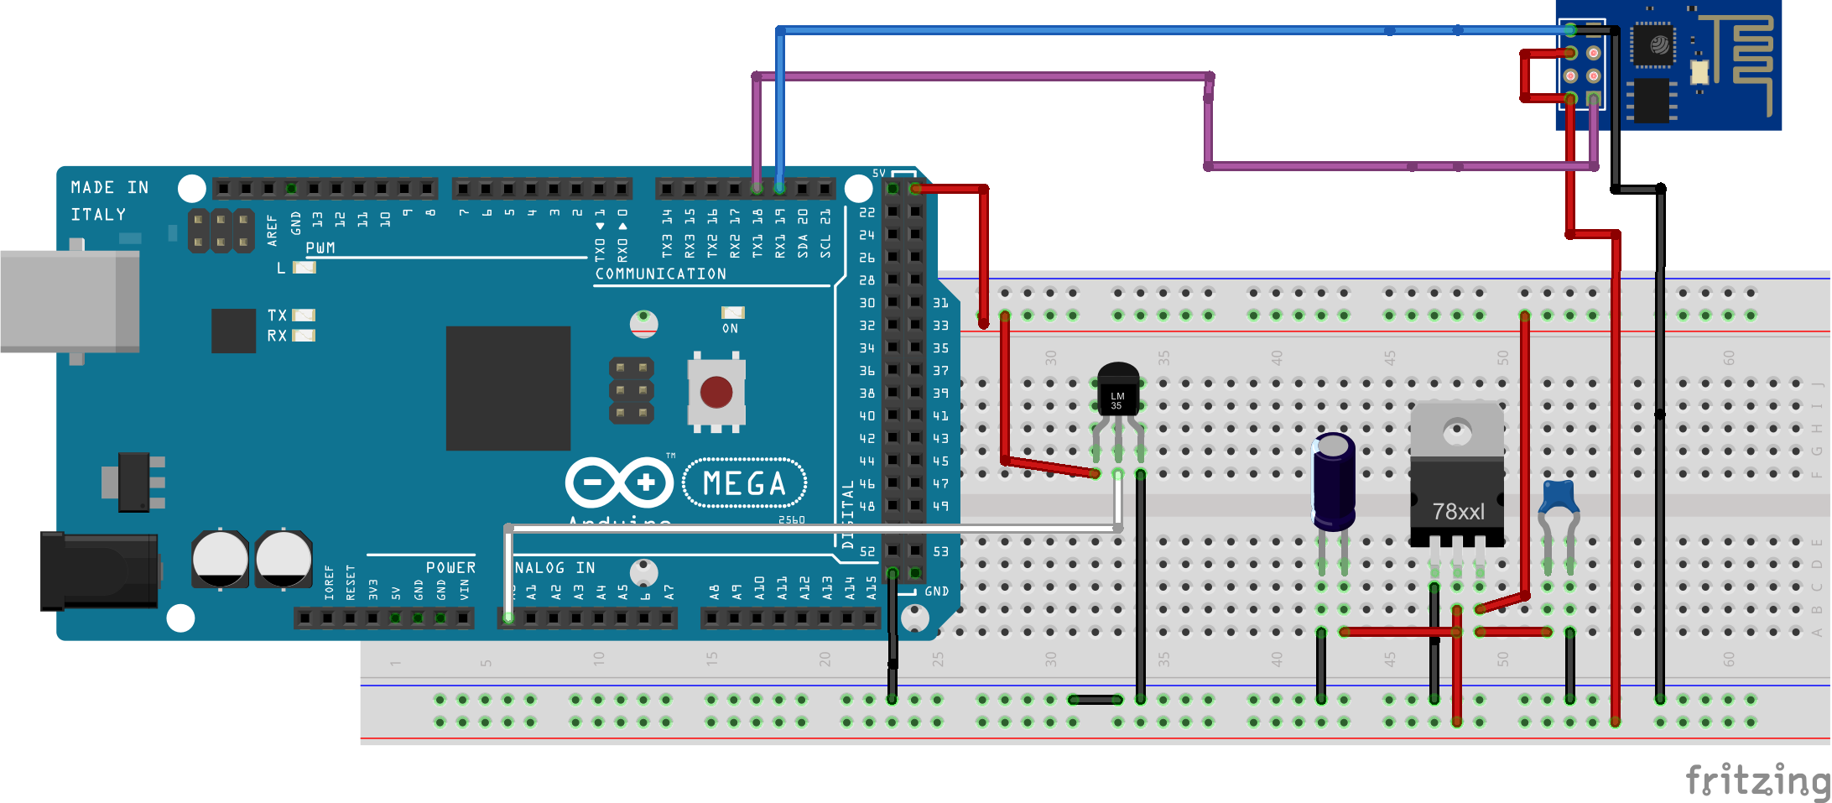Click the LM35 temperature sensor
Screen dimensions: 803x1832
click(x=1117, y=390)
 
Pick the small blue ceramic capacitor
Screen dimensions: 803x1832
click(x=1559, y=497)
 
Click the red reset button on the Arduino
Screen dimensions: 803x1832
click(x=716, y=392)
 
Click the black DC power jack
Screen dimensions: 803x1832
click(x=99, y=571)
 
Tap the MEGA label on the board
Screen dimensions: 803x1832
click(x=744, y=484)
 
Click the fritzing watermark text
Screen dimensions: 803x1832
click(x=1757, y=780)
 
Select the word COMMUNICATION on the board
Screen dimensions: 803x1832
click(x=660, y=274)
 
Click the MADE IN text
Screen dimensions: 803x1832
click(x=109, y=188)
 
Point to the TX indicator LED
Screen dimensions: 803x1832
click(x=304, y=315)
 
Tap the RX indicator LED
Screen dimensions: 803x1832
click(x=304, y=336)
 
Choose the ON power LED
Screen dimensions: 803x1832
click(x=732, y=313)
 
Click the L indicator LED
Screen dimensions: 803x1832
click(x=304, y=268)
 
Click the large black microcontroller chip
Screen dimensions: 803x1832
click(x=507, y=388)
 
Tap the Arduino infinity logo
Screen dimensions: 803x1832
click(x=619, y=482)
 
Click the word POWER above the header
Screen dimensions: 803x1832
click(x=450, y=568)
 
